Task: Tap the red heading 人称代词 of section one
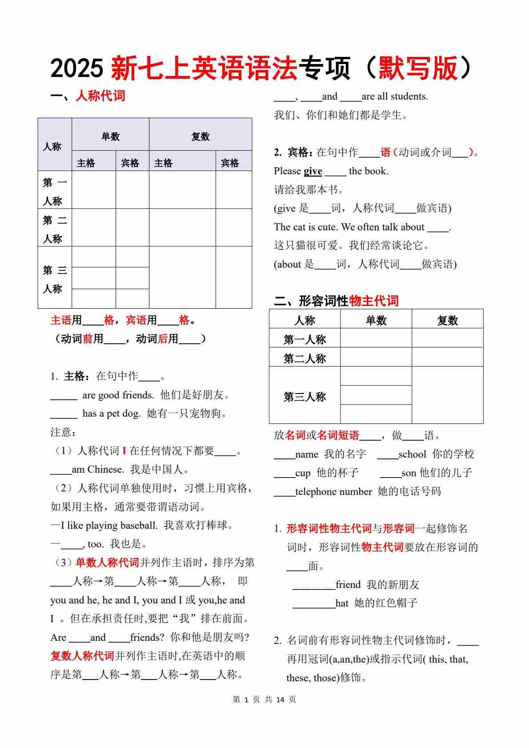point(100,96)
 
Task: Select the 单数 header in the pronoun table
point(110,137)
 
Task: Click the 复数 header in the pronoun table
point(200,137)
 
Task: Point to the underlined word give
point(313,171)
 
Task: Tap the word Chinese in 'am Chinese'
point(105,469)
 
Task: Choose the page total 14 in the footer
point(280,700)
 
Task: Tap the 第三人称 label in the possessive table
point(305,396)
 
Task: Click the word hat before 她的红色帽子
point(342,603)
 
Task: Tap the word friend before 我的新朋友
point(348,584)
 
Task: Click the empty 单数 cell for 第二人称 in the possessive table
point(376,357)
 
